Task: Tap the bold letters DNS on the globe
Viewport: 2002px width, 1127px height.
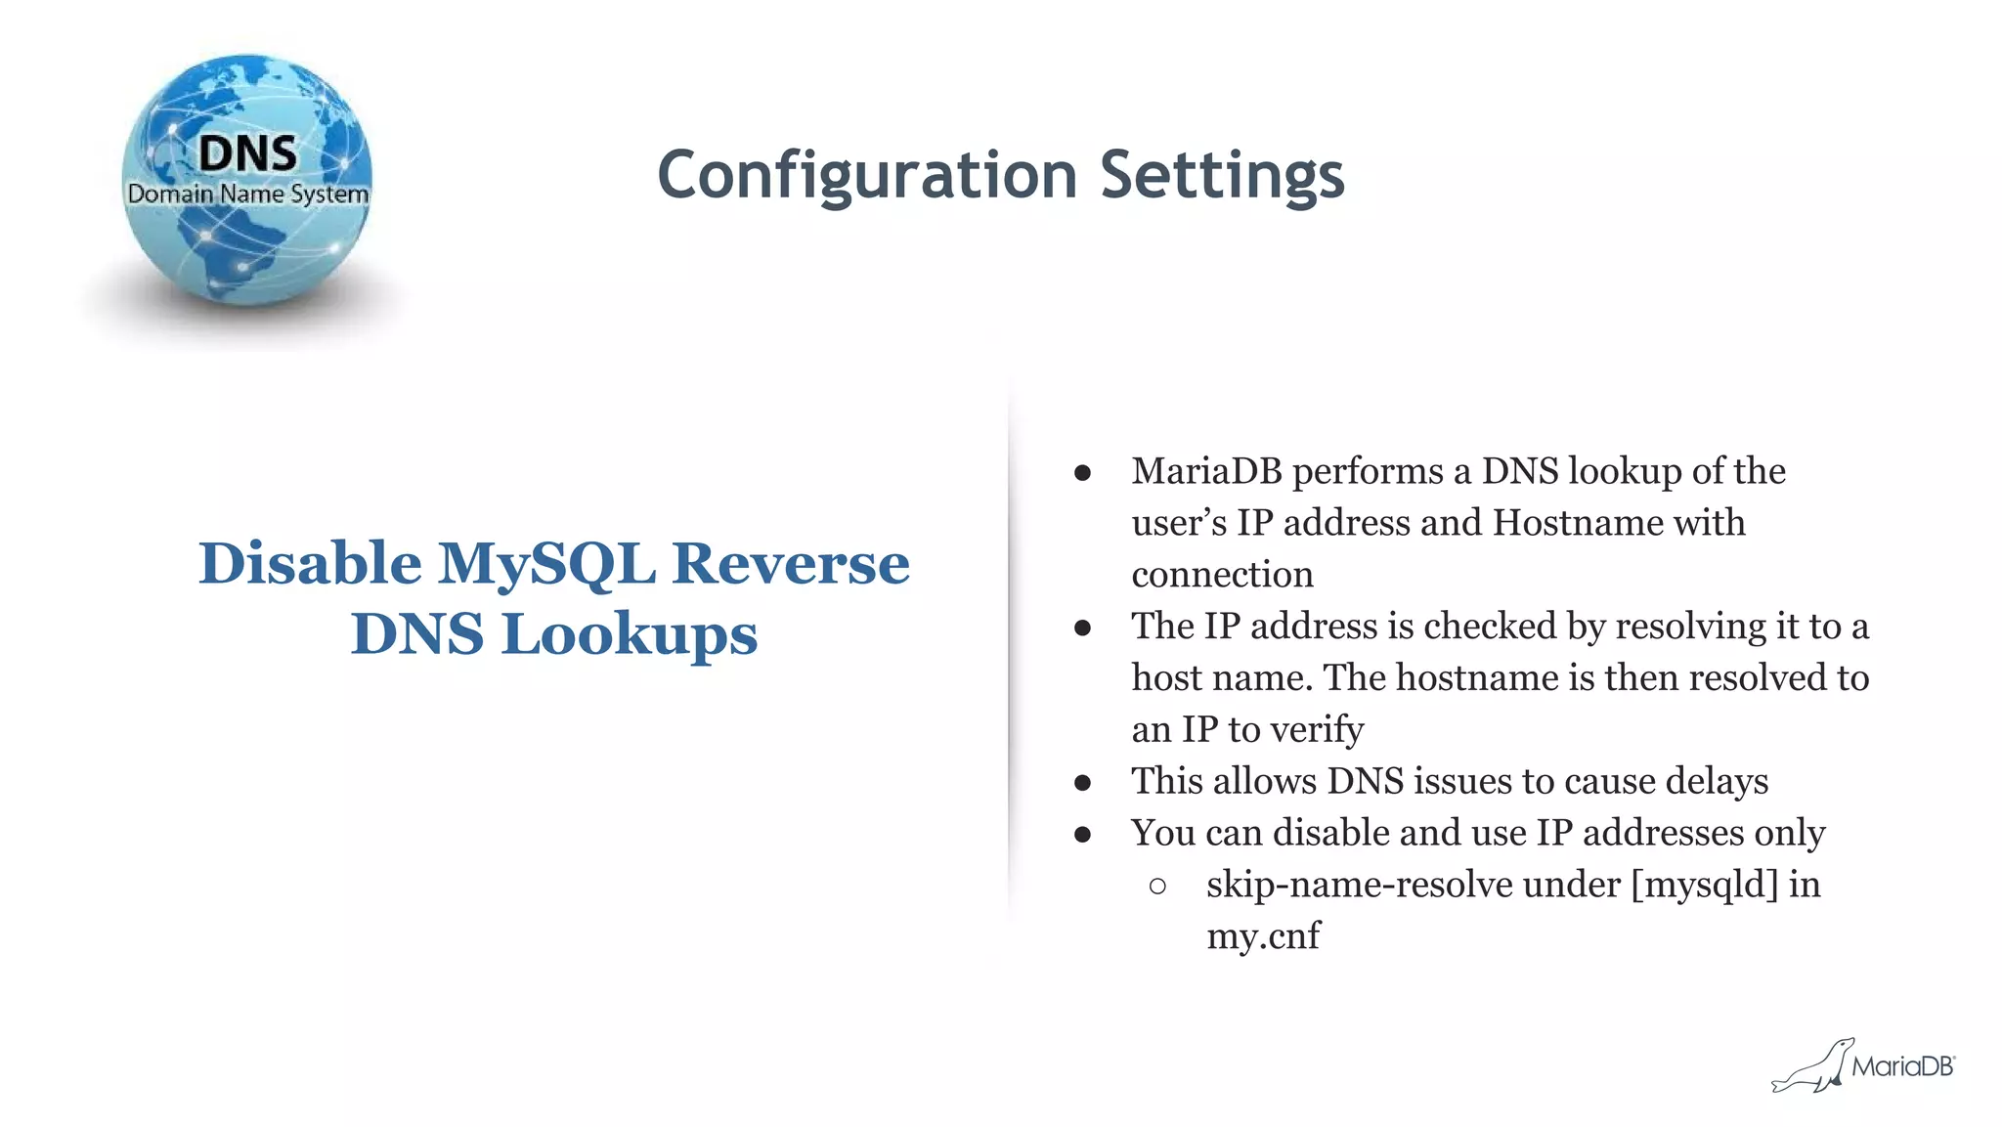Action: click(247, 153)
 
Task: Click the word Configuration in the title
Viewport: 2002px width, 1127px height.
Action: click(867, 176)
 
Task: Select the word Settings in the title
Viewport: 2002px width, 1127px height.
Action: click(1222, 176)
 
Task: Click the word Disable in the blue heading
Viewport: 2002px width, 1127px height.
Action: click(310, 564)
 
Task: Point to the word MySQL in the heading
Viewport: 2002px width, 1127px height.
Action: click(546, 564)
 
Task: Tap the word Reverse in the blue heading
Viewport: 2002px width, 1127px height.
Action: click(791, 564)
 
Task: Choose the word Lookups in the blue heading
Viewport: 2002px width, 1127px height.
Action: click(630, 634)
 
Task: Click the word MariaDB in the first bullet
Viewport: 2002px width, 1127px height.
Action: click(1206, 471)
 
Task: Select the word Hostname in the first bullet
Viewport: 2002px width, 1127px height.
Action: click(1578, 523)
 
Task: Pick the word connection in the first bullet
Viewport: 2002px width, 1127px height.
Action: click(1222, 575)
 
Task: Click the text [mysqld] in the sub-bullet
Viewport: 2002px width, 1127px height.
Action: click(1704, 885)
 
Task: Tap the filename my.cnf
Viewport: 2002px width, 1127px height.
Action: click(1263, 936)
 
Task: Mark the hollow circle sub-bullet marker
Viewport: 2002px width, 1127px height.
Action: click(1158, 887)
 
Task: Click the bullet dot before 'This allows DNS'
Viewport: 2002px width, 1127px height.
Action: click(1082, 783)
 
